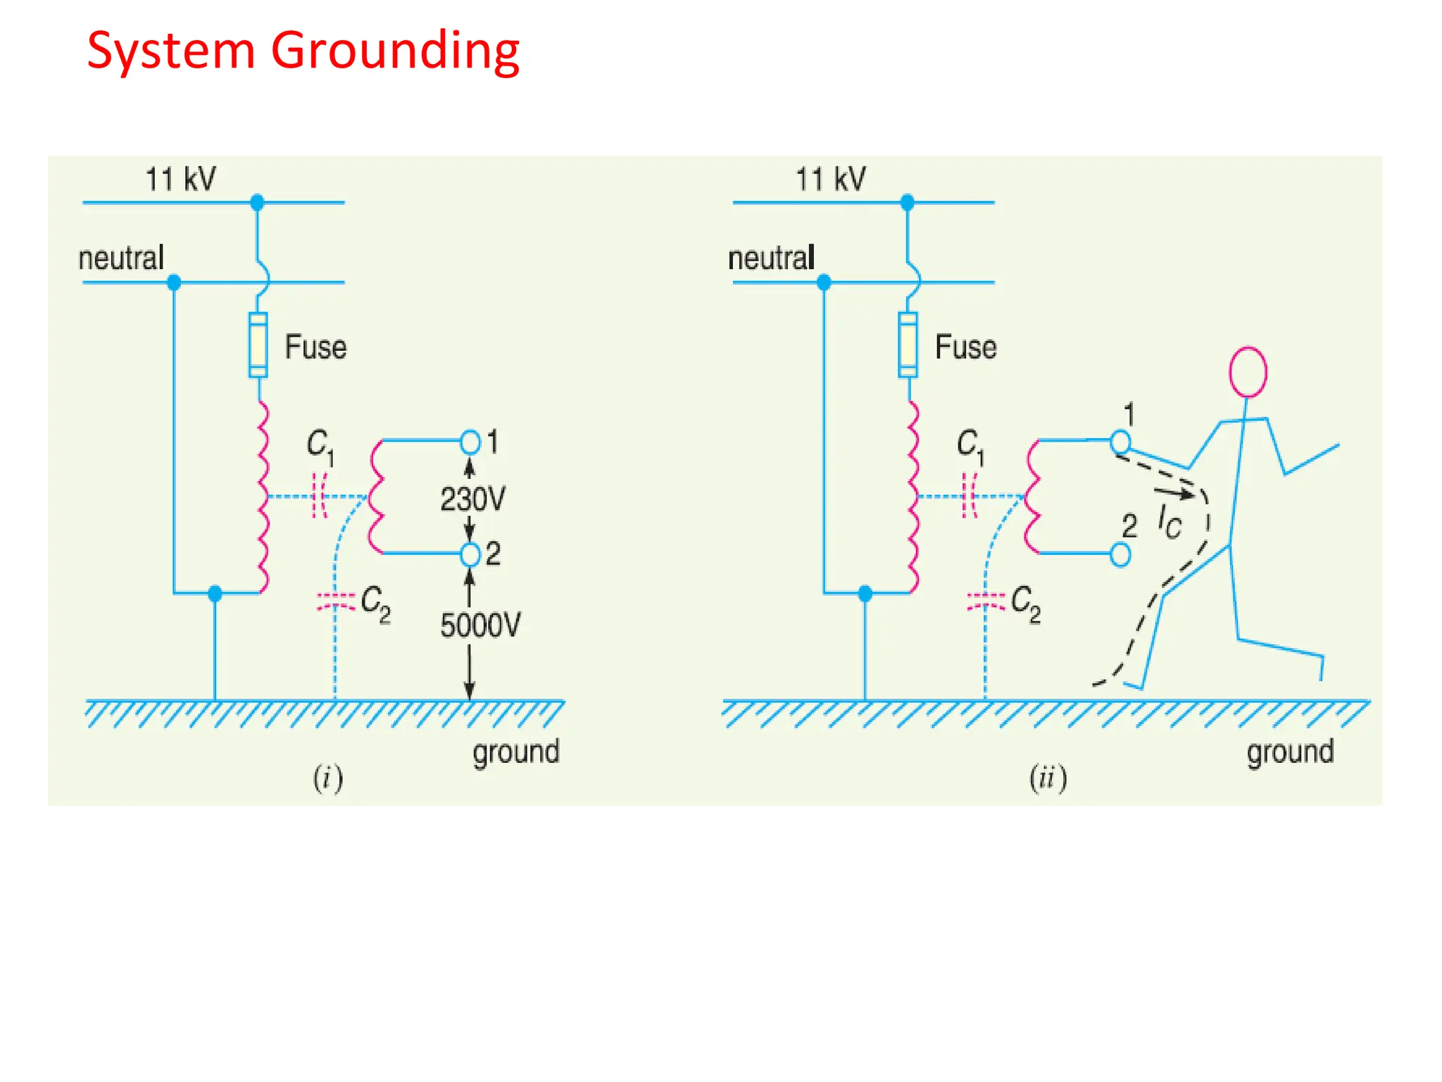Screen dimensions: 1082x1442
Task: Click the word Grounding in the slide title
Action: click(395, 52)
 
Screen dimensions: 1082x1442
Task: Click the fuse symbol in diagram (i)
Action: click(258, 345)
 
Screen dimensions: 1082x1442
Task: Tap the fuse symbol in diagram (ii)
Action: click(908, 345)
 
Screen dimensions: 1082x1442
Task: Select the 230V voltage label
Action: click(472, 499)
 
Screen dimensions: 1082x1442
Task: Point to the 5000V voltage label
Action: click(480, 626)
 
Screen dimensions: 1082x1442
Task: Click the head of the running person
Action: click(1248, 372)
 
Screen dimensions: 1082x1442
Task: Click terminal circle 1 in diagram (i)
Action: click(470, 442)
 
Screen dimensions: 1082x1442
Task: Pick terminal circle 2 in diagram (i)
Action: click(470, 554)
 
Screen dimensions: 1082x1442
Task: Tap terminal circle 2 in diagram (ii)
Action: click(1120, 554)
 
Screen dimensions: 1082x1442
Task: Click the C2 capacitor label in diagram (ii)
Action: click(1026, 604)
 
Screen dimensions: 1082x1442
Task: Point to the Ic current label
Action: click(1170, 522)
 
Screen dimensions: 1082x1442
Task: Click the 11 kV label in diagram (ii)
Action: click(831, 180)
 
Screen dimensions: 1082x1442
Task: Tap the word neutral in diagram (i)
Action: click(121, 259)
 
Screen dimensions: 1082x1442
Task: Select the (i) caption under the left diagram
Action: click(328, 779)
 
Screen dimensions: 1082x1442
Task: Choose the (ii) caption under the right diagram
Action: click(1048, 779)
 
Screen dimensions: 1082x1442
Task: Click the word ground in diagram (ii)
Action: click(1290, 752)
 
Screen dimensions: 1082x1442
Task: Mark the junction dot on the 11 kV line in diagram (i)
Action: click(257, 203)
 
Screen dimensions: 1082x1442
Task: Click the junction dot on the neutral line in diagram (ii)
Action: click(824, 283)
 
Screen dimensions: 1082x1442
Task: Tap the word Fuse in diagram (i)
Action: click(315, 347)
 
